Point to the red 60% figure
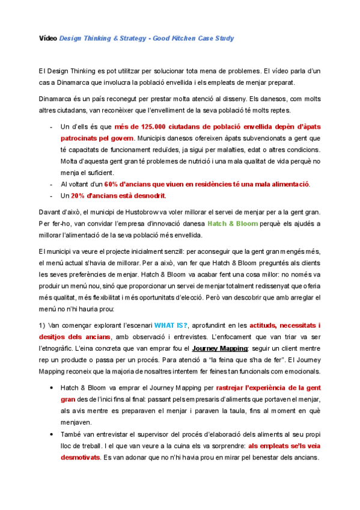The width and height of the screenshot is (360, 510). [x=111, y=184]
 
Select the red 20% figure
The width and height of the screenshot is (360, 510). [x=78, y=195]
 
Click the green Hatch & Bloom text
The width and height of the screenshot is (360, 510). [x=232, y=224]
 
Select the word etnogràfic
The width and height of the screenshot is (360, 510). [x=58, y=348]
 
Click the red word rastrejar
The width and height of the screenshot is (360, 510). [x=230, y=388]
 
